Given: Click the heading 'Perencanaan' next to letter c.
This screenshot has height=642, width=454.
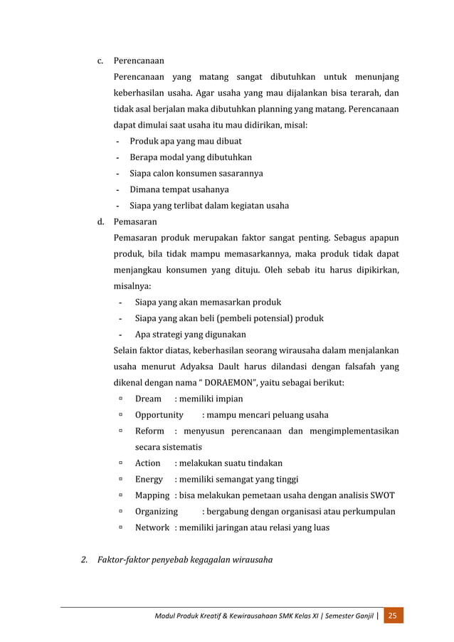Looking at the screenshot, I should coord(139,60).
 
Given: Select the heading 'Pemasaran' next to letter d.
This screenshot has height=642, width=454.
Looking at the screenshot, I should coord(135,222).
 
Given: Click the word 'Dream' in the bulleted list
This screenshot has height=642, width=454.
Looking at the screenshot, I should coord(148,399).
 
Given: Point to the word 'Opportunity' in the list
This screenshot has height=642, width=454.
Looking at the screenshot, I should coord(160,415).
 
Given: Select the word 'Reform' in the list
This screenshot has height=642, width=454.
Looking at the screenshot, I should coord(149,431).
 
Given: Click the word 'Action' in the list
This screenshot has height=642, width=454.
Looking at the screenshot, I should coord(148,463).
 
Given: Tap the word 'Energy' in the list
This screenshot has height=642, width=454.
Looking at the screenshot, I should coord(149,479).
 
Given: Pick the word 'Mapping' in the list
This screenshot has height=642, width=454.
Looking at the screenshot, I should coord(152,495).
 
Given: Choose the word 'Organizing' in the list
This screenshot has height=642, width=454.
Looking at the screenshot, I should coord(157,512).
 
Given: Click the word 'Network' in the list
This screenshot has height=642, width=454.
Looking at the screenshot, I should coord(152,528).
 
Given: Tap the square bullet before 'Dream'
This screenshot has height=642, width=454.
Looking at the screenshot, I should coord(122,399).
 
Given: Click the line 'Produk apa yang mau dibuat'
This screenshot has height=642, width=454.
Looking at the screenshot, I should coord(185,141).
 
